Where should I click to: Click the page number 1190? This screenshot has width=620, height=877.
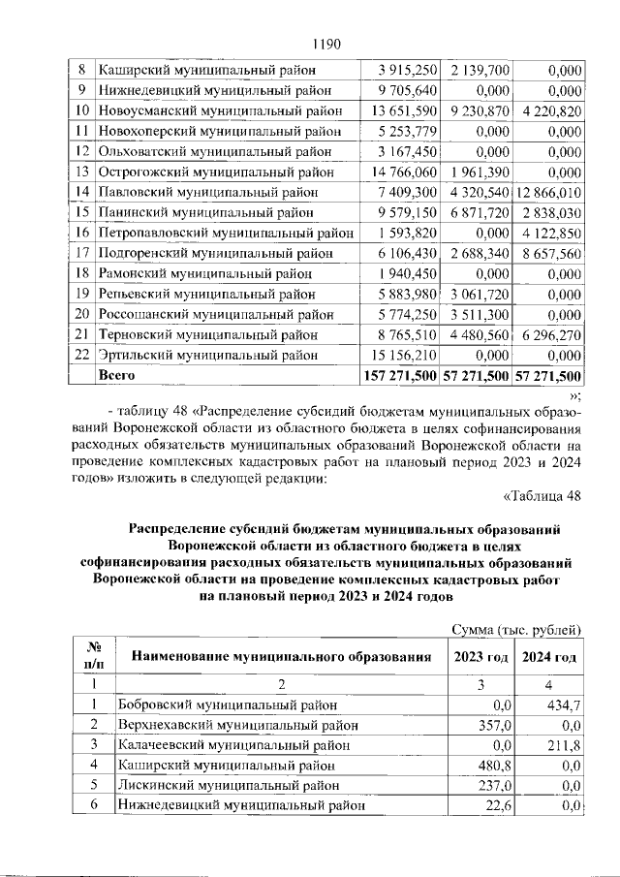click(x=327, y=44)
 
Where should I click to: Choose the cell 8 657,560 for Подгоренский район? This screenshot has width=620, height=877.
click(x=550, y=253)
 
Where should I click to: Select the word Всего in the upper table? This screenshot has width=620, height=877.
click(x=116, y=374)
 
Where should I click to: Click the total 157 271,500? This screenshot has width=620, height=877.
click(x=398, y=374)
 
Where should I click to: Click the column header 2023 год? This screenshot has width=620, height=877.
click(x=480, y=657)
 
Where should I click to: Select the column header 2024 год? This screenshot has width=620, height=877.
click(x=549, y=657)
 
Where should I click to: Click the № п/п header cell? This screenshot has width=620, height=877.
click(x=94, y=656)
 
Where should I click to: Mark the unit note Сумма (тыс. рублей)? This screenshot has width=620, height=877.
click(x=517, y=630)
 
